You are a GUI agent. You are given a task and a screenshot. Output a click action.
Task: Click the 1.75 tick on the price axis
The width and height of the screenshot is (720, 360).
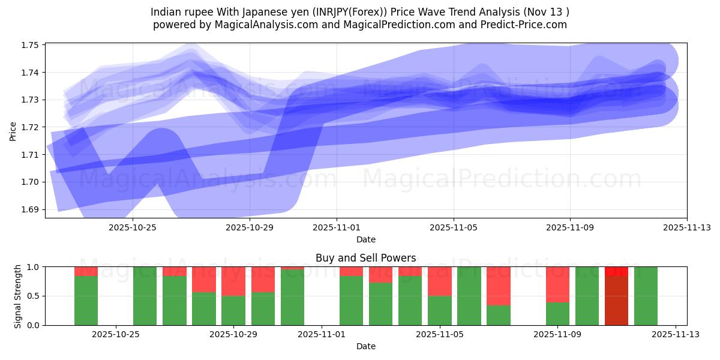[30, 45]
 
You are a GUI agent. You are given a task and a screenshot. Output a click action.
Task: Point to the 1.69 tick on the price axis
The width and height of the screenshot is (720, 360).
[30, 209]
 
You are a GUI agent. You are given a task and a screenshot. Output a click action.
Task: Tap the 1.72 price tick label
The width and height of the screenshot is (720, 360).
[30, 127]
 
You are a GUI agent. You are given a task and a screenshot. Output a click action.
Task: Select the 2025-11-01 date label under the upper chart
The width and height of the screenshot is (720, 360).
[337, 227]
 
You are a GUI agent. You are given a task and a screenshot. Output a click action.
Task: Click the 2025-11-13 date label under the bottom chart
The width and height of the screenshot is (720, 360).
[676, 335]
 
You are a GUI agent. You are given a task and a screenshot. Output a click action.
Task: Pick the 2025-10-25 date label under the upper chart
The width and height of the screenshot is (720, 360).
[132, 227]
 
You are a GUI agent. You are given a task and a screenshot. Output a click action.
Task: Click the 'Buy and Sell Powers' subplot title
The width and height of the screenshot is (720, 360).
[365, 258]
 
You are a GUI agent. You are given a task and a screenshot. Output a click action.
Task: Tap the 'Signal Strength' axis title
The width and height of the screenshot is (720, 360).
[18, 296]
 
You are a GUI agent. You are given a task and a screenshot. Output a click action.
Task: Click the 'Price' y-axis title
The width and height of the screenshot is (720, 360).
[13, 130]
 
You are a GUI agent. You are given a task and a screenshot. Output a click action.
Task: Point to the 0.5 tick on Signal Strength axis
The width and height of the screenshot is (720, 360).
[33, 296]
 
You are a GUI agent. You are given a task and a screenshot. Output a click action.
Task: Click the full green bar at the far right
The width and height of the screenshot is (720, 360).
[646, 296]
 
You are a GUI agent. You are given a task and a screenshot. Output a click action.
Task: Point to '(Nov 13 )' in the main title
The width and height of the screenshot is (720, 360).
[547, 11]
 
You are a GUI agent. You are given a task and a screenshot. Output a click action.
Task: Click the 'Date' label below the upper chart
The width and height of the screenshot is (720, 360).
[365, 239]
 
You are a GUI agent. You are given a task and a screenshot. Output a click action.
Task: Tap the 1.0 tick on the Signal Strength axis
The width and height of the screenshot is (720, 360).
[33, 266]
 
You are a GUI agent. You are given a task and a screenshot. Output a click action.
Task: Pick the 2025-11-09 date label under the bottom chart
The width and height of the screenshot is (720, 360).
[558, 335]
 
